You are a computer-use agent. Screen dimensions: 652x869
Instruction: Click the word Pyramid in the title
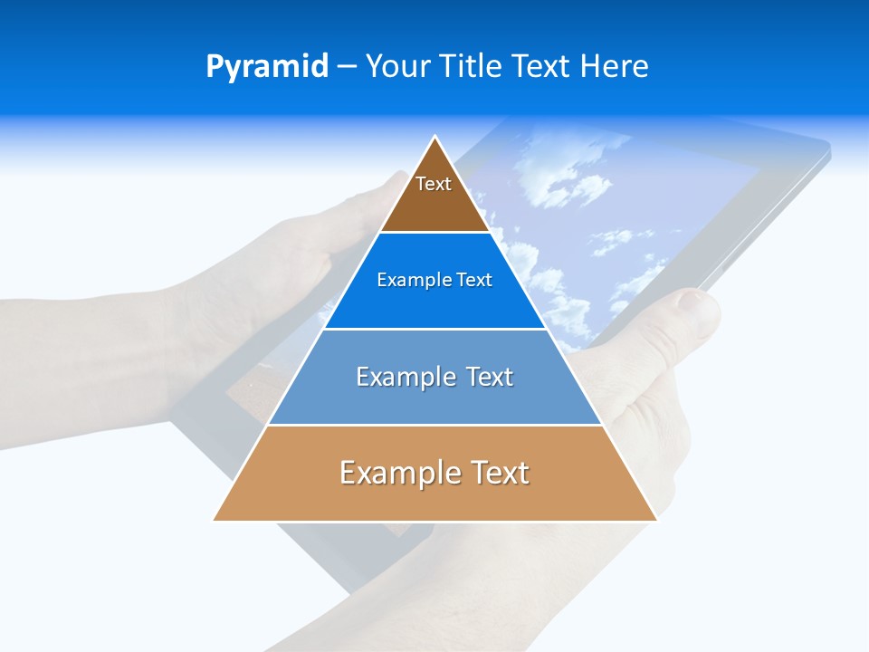point(267,67)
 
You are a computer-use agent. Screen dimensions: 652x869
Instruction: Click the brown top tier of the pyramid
point(434,204)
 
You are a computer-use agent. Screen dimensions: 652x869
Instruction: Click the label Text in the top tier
point(434,184)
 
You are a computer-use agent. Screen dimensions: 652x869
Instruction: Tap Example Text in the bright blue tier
point(434,281)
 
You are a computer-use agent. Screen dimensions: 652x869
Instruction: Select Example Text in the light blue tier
point(434,377)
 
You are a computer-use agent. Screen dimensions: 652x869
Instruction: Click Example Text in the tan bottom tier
point(434,473)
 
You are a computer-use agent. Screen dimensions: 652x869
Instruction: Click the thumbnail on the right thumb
point(696,303)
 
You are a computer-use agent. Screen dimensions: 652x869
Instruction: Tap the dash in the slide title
point(347,67)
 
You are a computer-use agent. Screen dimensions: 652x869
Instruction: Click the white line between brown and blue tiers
point(434,232)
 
